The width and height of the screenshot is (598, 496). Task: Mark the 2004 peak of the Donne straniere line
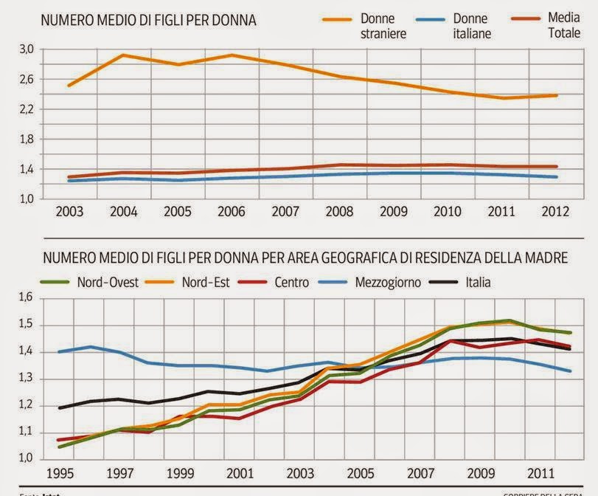coord(122,55)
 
